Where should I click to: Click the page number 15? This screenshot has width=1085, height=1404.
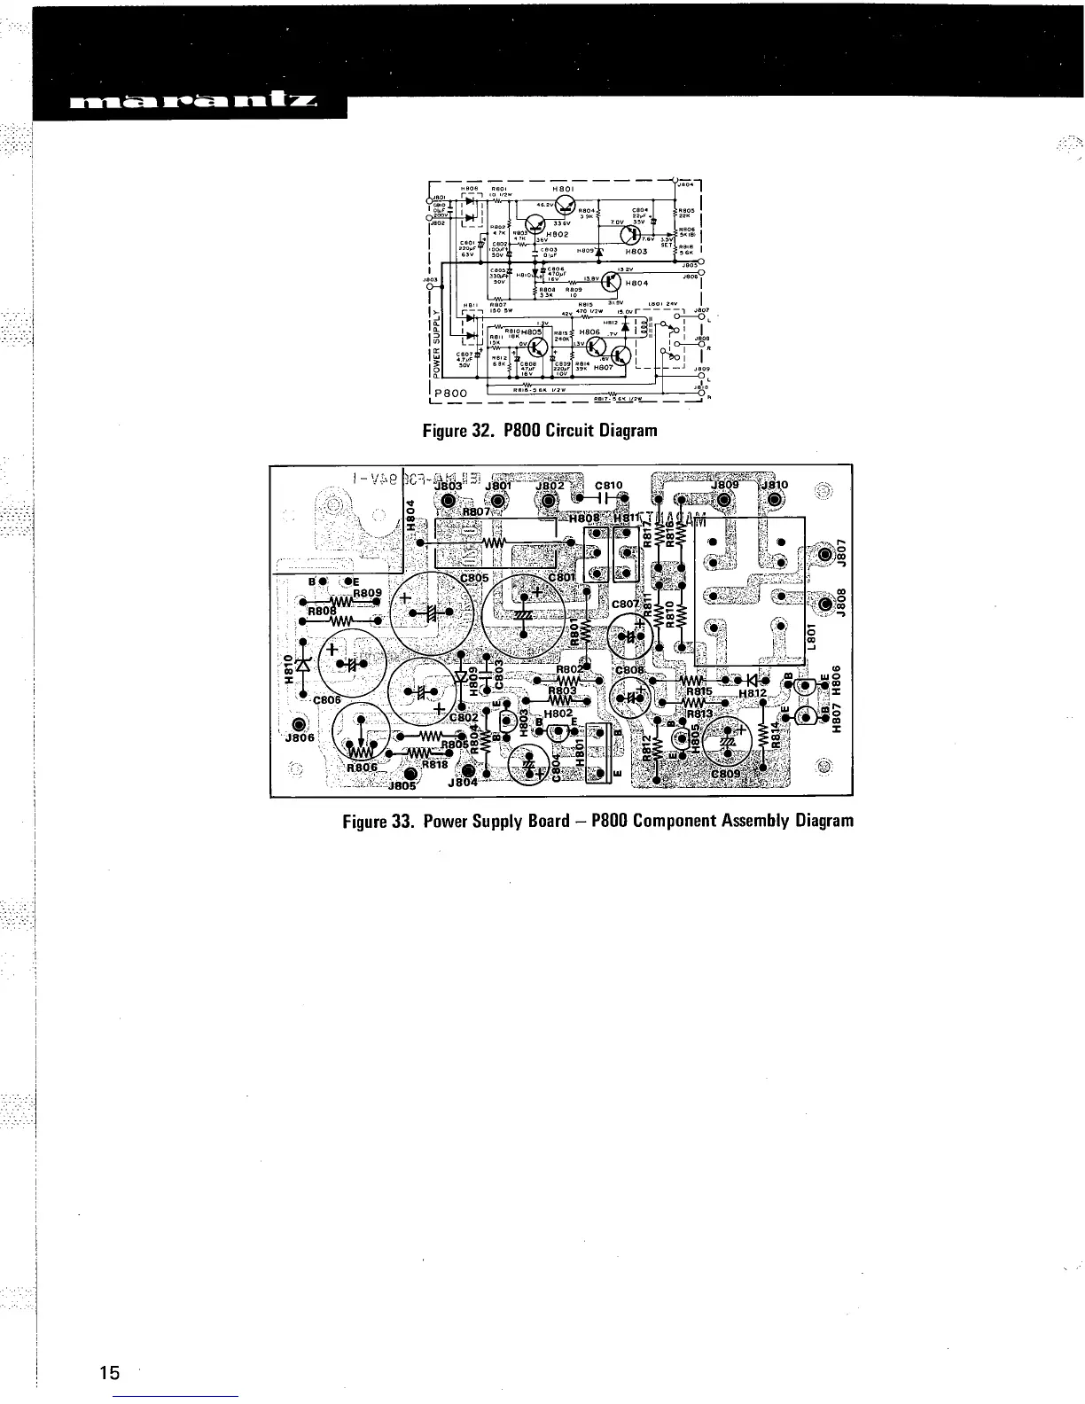109,1373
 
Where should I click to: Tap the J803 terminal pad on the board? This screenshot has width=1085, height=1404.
448,502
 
